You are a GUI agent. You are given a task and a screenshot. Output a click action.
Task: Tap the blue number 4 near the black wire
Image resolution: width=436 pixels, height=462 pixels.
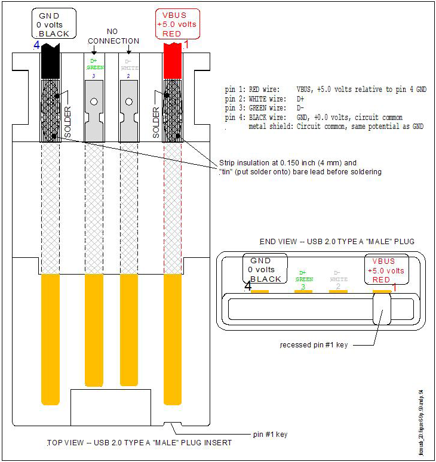click(36, 44)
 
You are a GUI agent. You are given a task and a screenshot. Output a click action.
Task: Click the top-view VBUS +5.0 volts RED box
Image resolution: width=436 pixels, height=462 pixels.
click(177, 24)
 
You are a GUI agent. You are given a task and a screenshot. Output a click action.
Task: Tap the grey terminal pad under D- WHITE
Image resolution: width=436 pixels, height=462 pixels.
click(128, 108)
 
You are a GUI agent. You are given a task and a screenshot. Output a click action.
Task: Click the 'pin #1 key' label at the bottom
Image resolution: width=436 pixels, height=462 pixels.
click(269, 434)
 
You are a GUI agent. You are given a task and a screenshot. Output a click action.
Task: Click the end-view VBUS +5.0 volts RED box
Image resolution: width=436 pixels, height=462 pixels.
click(387, 270)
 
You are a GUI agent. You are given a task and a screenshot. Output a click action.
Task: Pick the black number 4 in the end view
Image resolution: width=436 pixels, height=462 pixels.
click(247, 287)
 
